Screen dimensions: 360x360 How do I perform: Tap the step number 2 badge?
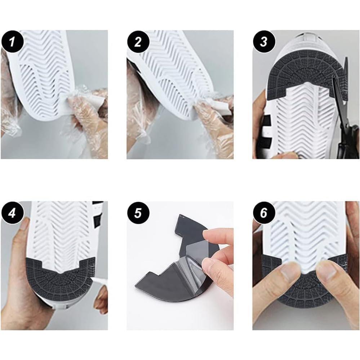138,42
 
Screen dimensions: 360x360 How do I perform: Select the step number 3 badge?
264,42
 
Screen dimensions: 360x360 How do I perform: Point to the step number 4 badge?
12,213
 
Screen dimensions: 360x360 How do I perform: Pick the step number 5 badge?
138,213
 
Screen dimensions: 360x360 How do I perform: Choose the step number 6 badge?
264,213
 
